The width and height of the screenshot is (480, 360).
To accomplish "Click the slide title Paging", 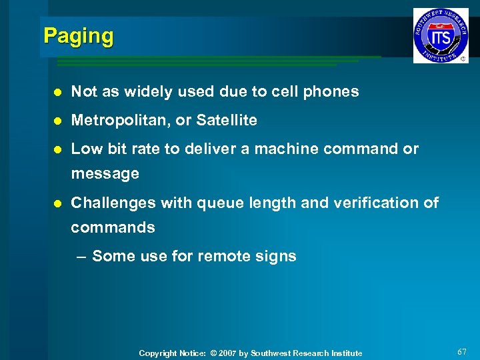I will [79, 36].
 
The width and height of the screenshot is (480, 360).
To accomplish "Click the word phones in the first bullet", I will [333, 92].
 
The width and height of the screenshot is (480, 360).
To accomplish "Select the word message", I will [105, 174].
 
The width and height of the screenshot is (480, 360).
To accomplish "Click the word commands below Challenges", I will [113, 227].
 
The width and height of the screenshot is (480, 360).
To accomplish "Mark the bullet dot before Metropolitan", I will [58, 121].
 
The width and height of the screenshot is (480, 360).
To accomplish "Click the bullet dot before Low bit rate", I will [58, 149].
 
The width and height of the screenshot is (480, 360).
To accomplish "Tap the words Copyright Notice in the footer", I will [167, 353].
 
